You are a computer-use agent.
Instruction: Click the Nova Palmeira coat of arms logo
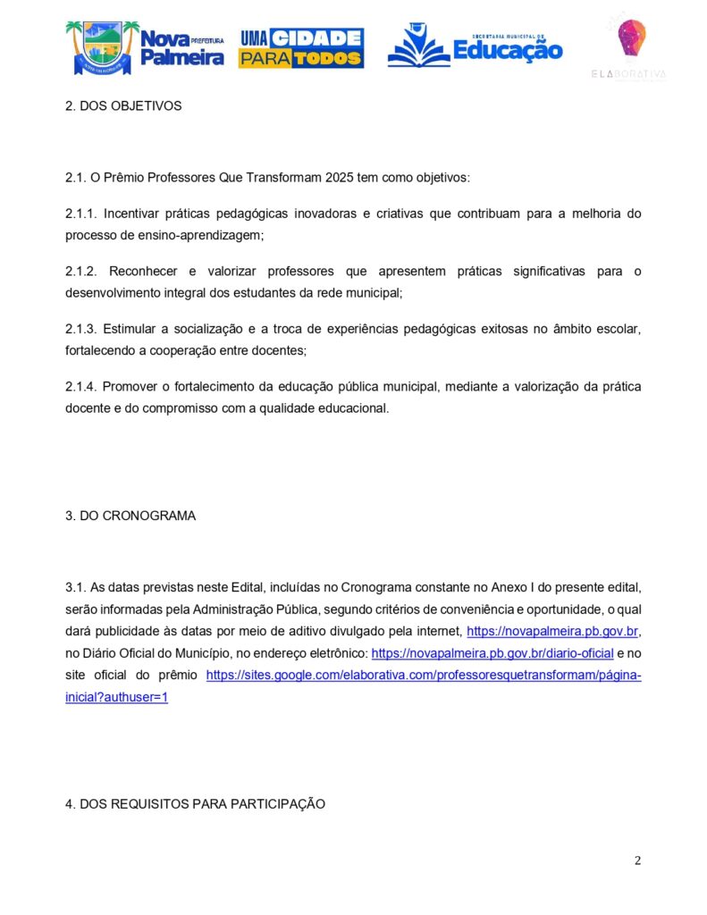click(x=102, y=47)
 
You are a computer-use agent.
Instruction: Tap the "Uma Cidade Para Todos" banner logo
click(x=300, y=48)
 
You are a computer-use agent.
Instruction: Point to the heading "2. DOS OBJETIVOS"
click(x=123, y=105)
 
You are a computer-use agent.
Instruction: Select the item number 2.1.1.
click(x=80, y=214)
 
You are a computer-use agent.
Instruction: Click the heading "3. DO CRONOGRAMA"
click(x=130, y=516)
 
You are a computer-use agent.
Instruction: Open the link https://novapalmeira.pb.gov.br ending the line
click(x=552, y=632)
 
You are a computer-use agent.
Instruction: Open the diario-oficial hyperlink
click(x=492, y=653)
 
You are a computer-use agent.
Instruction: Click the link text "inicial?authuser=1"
click(x=116, y=696)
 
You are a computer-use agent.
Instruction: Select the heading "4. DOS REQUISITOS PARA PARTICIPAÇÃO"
click(x=195, y=804)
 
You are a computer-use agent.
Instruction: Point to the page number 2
click(x=637, y=860)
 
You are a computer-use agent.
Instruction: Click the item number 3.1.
click(x=74, y=589)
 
